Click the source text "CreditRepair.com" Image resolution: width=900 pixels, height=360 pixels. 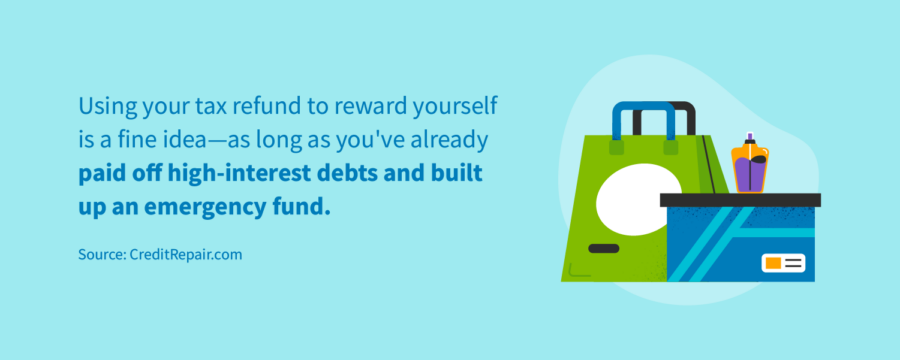click(186, 255)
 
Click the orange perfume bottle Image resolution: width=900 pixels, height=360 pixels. click(749, 165)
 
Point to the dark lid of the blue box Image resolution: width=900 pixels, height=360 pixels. click(740, 200)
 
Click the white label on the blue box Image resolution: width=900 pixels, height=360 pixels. click(783, 263)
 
